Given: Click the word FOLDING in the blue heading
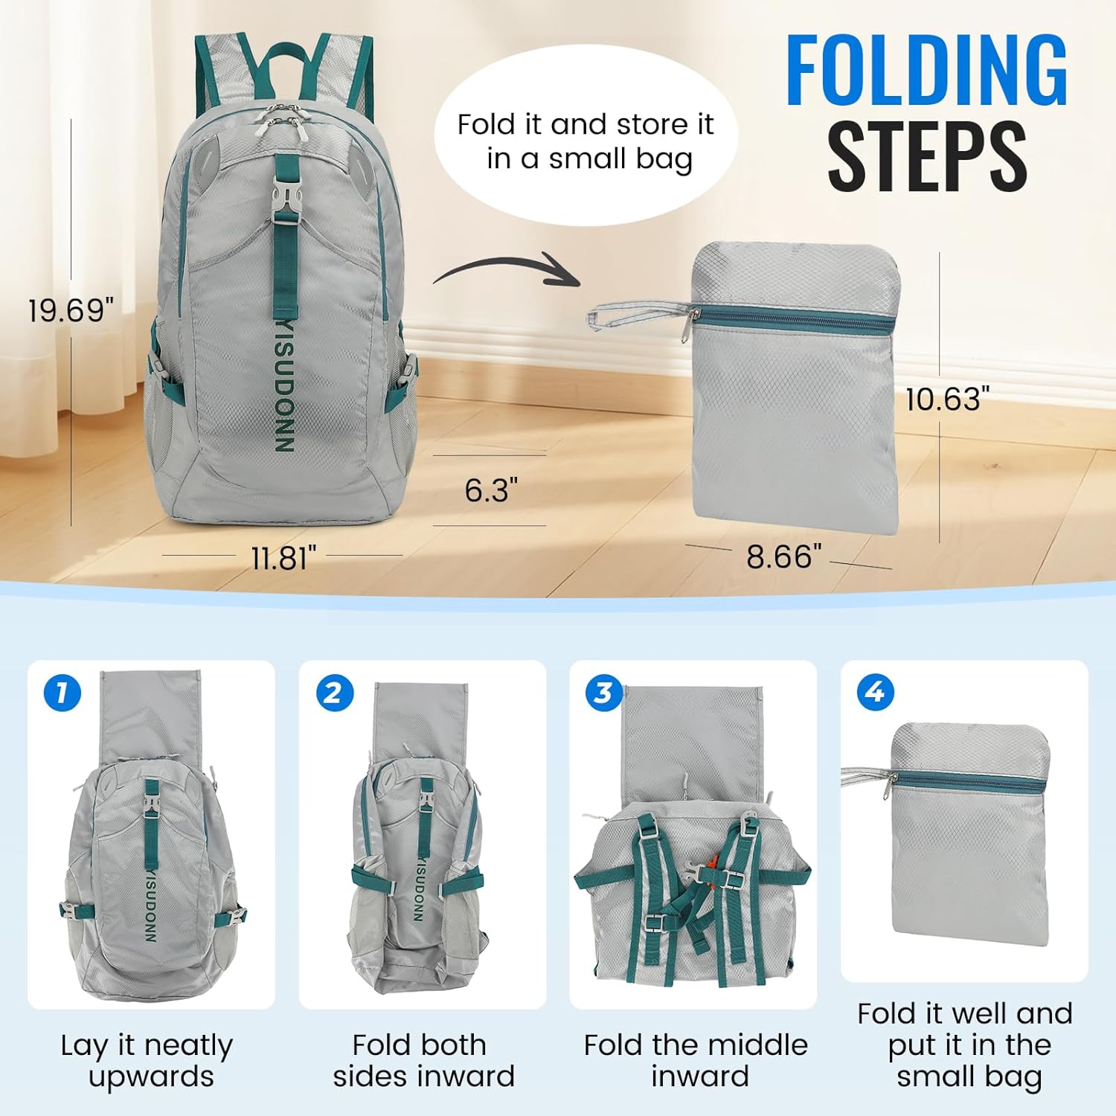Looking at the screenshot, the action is [x=926, y=71].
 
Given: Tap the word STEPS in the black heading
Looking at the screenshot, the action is [x=927, y=155].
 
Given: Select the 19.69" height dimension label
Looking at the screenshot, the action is [x=71, y=310].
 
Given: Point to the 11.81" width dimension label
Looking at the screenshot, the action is [x=283, y=558].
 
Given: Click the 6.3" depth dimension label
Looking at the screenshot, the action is [x=491, y=490].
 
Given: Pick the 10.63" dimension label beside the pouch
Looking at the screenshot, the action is [x=948, y=400].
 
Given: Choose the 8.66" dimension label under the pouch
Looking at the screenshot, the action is [x=784, y=557].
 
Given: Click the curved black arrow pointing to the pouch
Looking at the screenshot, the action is [x=506, y=269].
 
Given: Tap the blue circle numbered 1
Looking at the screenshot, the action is [x=62, y=693].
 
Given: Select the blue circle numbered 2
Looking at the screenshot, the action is [x=333, y=693].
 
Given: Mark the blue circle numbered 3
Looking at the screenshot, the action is [x=603, y=693].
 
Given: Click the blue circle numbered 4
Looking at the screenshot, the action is [x=875, y=693].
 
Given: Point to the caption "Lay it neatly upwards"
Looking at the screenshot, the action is [x=148, y=1061].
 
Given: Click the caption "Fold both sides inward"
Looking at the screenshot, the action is [x=423, y=1061].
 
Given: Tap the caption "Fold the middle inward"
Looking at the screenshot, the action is [x=696, y=1061].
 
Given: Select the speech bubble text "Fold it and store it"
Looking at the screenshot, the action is [x=586, y=124].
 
